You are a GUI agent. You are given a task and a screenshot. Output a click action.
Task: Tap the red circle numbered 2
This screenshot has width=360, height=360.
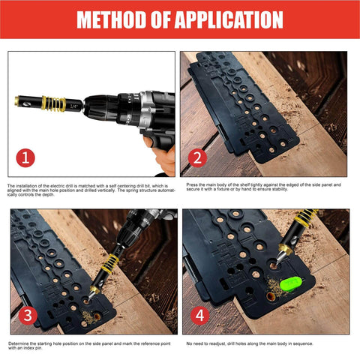pyautogui.click(x=199, y=158)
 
